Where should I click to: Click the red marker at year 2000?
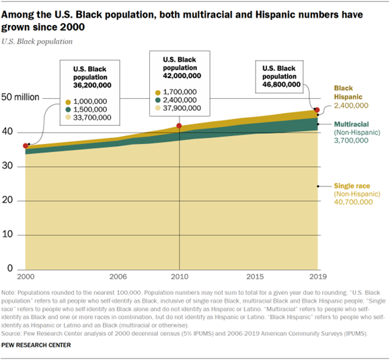tap(26, 145)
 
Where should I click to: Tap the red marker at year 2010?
tap(179, 126)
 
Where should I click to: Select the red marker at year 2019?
tap(317, 110)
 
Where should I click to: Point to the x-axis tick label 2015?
tap(255, 277)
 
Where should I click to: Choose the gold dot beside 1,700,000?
tap(157, 91)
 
